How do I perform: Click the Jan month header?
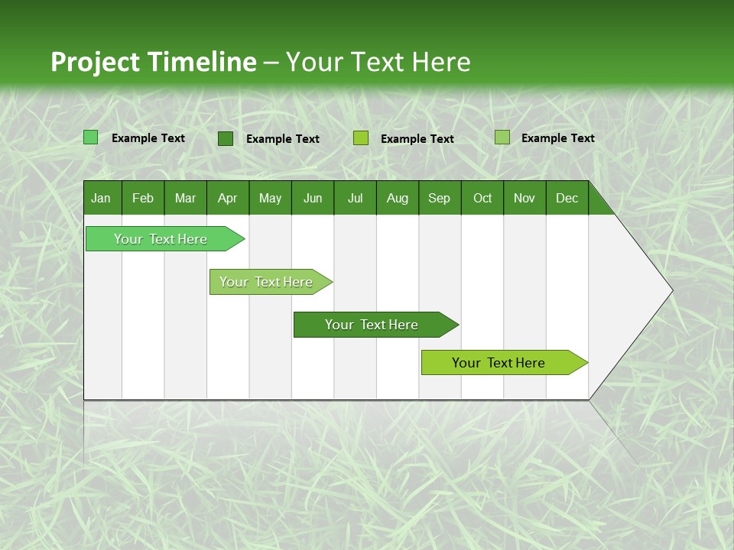(101, 198)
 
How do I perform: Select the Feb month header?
(143, 198)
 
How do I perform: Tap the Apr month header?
(227, 198)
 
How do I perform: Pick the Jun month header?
(313, 198)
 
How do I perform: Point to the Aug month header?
(397, 198)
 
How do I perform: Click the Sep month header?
(439, 198)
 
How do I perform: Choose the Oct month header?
(482, 198)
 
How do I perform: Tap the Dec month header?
(567, 198)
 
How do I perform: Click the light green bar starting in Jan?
(161, 239)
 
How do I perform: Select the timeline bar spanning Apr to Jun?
(266, 282)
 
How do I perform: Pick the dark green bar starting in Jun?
(372, 325)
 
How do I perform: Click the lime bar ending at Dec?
(499, 363)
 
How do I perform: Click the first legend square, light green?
(91, 137)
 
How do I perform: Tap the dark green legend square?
(226, 138)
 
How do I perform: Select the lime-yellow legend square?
(361, 138)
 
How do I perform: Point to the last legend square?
(502, 137)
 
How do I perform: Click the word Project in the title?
(95, 62)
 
